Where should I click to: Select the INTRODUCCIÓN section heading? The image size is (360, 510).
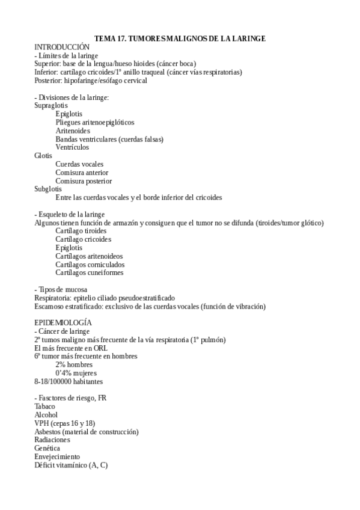(x=62, y=47)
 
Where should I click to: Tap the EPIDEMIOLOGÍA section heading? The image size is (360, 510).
(x=63, y=323)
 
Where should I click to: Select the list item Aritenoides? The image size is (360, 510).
(x=73, y=131)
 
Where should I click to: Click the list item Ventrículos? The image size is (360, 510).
(x=72, y=147)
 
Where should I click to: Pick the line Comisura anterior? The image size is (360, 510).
(x=83, y=172)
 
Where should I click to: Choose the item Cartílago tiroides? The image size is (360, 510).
(x=82, y=230)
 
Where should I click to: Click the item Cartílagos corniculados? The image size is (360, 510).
(x=90, y=264)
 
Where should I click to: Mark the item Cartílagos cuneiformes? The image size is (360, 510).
(x=89, y=272)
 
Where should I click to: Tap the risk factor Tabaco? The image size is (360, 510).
(x=44, y=407)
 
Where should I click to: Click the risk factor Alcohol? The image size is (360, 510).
(x=46, y=415)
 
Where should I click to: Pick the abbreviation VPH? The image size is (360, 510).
(x=42, y=423)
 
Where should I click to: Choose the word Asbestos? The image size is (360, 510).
(x=48, y=432)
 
